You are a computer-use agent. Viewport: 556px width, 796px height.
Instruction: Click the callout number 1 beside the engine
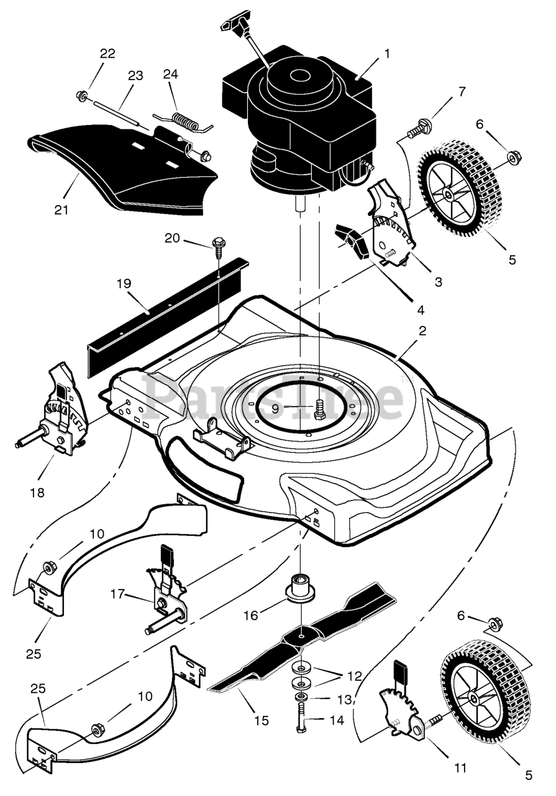(x=387, y=53)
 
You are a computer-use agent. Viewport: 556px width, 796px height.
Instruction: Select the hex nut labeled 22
(x=81, y=95)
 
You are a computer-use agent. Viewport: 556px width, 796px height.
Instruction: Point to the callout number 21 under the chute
(x=62, y=210)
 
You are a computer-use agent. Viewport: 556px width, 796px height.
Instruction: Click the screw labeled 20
(x=216, y=248)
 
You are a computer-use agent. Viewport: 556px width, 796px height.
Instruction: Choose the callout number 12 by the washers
(x=354, y=675)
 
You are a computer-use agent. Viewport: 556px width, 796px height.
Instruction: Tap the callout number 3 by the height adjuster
(x=439, y=282)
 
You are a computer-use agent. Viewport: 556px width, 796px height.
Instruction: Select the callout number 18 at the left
(x=38, y=493)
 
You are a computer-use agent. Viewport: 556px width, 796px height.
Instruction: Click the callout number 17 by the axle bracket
(x=117, y=593)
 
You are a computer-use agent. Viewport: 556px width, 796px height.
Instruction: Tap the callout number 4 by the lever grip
(x=421, y=310)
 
